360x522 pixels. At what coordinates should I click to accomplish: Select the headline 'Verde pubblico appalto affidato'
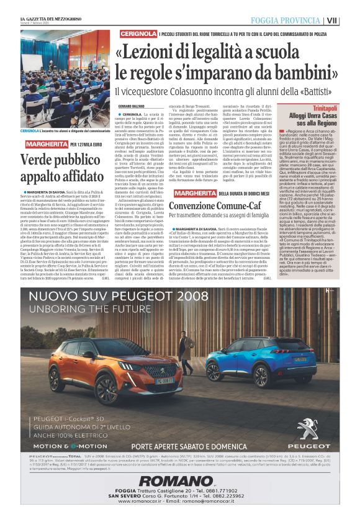coord(61,164)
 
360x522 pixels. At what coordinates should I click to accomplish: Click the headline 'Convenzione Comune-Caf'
coord(214,204)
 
